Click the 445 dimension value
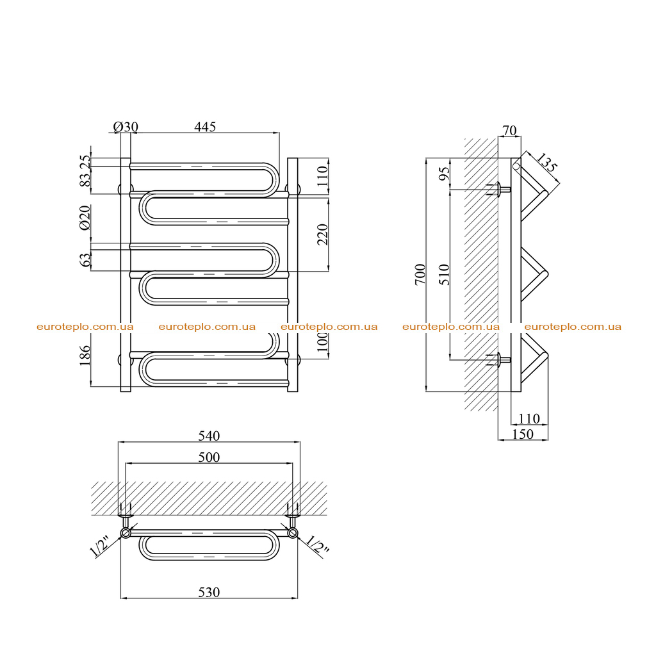205,127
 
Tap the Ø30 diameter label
126,127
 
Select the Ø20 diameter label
85,218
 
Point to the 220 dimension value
323,234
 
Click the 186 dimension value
85,355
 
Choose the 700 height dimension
420,274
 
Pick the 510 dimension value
445,274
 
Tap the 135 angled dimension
546,163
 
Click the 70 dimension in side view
509,131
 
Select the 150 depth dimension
523,434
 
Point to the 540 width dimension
209,436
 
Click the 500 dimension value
209,457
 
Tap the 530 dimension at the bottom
209,593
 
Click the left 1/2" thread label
100,546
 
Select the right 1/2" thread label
318,545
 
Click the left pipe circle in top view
126,533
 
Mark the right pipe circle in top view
293,533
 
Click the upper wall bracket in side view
498,190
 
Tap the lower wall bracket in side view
498,360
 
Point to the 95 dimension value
445,173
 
